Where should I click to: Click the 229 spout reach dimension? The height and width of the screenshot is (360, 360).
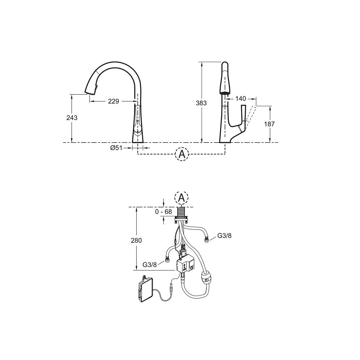point(113,101)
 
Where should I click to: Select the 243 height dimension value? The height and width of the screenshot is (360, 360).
point(72,118)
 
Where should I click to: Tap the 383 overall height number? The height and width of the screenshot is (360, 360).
point(201,103)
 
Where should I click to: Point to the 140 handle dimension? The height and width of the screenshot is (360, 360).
point(240,99)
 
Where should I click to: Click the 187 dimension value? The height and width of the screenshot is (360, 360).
point(269,124)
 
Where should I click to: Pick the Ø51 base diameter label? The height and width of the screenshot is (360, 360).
point(116,148)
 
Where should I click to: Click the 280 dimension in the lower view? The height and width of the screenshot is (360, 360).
point(136,240)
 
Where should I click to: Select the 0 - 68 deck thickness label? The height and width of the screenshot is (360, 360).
point(163,212)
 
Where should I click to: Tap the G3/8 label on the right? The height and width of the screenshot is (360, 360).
point(224,236)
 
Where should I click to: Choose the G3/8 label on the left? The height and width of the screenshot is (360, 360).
point(149,265)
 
